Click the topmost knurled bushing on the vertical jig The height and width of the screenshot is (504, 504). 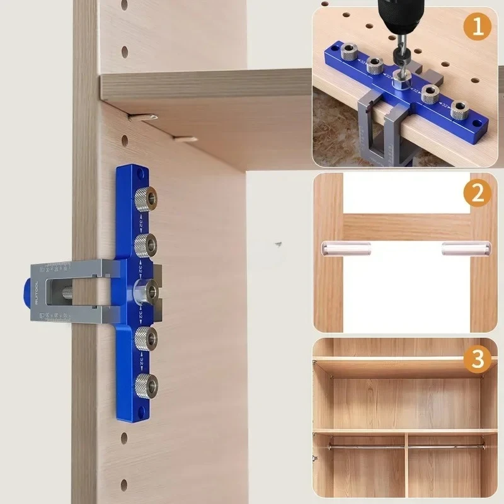click(x=147, y=198)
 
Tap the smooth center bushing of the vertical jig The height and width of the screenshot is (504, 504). click(x=146, y=290)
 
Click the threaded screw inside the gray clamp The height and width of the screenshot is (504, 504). click(x=69, y=290)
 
